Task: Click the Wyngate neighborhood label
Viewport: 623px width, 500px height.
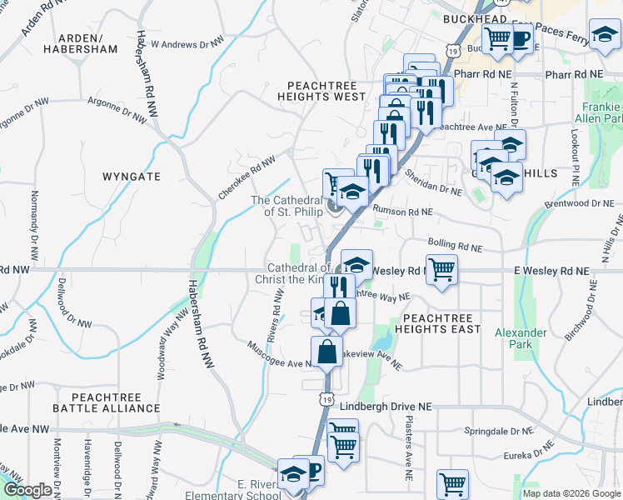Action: pos(131,177)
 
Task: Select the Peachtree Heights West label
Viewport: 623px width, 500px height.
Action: pos(326,91)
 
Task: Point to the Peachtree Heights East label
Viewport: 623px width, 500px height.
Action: pos(441,323)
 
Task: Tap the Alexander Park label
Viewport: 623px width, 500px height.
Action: pos(521,337)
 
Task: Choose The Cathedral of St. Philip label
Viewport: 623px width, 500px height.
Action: pos(287,206)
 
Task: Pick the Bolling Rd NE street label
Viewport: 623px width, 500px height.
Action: pos(455,244)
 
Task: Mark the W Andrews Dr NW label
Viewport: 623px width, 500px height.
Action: pos(187,43)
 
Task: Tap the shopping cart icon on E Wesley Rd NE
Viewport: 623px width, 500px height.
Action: pos(441,268)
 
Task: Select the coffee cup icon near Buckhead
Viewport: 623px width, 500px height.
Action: pos(519,37)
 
